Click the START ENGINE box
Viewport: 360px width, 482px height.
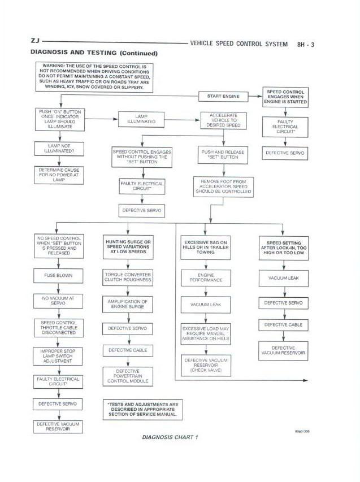[x=223, y=96]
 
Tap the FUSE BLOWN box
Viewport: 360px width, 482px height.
[x=58, y=276]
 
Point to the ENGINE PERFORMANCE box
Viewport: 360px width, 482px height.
[x=206, y=277]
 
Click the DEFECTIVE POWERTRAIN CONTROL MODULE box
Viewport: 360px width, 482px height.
[x=128, y=376]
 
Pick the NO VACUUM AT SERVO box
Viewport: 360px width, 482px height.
[x=58, y=300]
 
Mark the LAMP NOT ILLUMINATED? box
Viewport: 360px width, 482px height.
[x=58, y=149]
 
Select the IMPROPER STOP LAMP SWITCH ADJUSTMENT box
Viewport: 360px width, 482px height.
[x=58, y=357]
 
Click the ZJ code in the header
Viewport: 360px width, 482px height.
[x=34, y=42]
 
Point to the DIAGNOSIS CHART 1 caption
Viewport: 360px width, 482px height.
[x=170, y=437]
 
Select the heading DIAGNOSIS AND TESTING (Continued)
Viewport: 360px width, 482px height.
[x=93, y=53]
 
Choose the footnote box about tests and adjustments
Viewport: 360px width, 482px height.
[x=142, y=409]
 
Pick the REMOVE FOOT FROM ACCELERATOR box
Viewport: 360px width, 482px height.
[x=223, y=186]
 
